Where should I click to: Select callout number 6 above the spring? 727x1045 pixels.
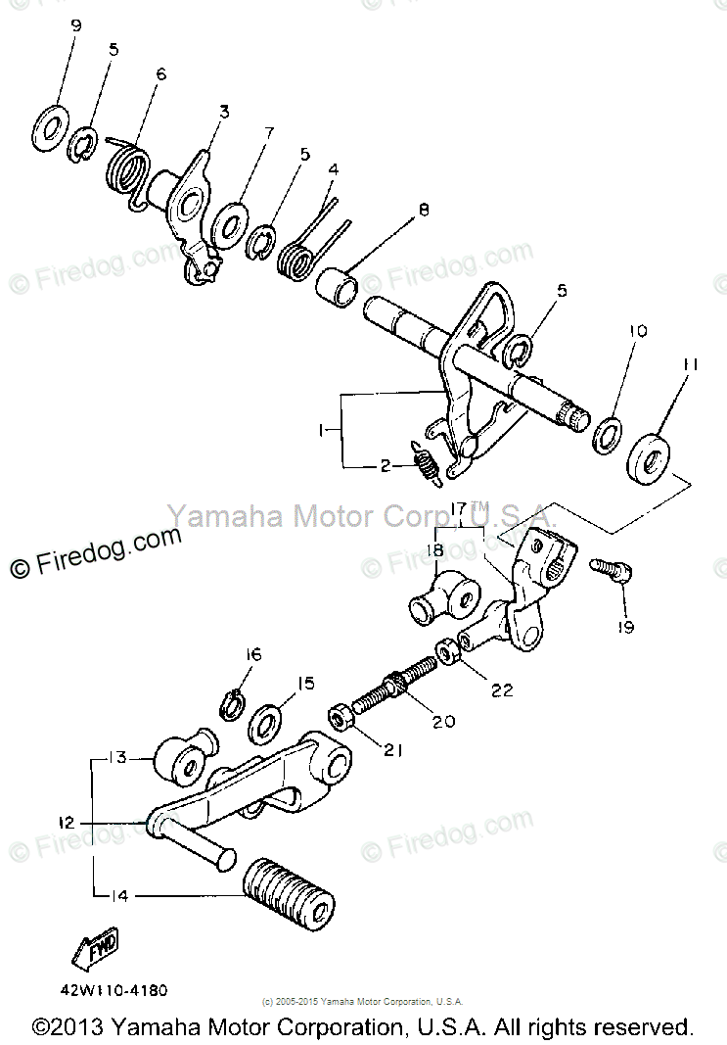tap(161, 73)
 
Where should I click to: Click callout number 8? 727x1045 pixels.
tap(424, 209)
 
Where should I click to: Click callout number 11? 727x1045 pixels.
tap(690, 364)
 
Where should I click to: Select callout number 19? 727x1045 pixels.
tap(626, 627)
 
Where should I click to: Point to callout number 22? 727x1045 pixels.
tap(502, 689)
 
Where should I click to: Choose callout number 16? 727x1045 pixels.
tap(253, 654)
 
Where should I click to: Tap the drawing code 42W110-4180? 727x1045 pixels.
tap(105, 990)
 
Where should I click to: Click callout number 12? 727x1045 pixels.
tap(66, 824)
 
